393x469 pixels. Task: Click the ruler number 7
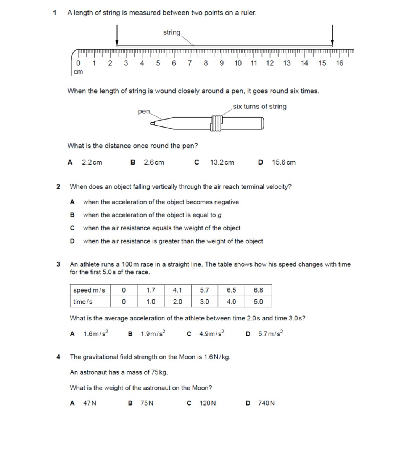[190, 63]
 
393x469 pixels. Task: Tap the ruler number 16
[340, 63]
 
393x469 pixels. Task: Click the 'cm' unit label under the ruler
[78, 71]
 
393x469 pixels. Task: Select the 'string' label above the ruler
[172, 32]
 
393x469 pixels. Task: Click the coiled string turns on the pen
[216, 123]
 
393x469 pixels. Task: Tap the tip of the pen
[153, 123]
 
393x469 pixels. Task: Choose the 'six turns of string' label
[259, 107]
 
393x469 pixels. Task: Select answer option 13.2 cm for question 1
[222, 162]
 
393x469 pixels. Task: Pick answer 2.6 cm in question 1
[154, 162]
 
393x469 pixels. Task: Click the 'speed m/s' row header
[89, 290]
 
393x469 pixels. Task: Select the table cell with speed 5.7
[204, 290]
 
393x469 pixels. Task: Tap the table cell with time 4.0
[231, 302]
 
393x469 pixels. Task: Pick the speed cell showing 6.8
[258, 290]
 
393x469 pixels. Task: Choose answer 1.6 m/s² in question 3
[95, 334]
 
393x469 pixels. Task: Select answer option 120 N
[208, 403]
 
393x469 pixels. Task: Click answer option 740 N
[266, 403]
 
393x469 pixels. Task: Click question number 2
[58, 187]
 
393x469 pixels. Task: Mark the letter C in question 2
[72, 228]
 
